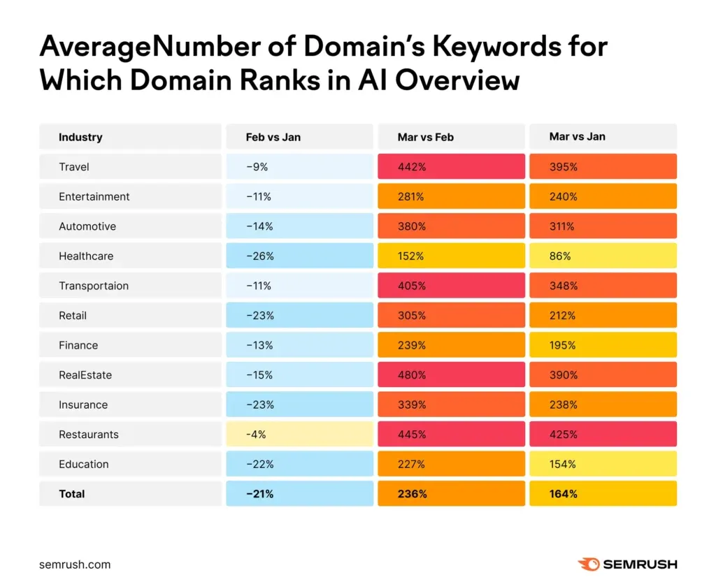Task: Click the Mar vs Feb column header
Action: coord(426,137)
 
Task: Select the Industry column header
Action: coord(80,137)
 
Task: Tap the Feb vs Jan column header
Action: coord(273,137)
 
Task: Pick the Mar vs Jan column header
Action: coord(577,136)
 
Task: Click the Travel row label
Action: coord(74,166)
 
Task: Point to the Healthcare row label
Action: coord(86,256)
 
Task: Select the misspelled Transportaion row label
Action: coord(94,286)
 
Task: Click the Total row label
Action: coord(72,494)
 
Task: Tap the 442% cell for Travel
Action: coord(451,166)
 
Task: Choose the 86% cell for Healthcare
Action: coord(603,256)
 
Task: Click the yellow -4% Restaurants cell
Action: coord(299,435)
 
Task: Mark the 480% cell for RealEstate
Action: coord(451,374)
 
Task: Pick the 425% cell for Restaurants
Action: coord(603,435)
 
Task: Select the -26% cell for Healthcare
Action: coord(299,256)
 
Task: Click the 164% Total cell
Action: coord(603,494)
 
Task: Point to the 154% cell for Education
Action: coord(603,464)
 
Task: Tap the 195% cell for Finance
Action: coord(603,345)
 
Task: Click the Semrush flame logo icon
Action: coord(589,564)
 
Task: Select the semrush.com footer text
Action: coord(75,564)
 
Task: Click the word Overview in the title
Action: coord(457,80)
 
